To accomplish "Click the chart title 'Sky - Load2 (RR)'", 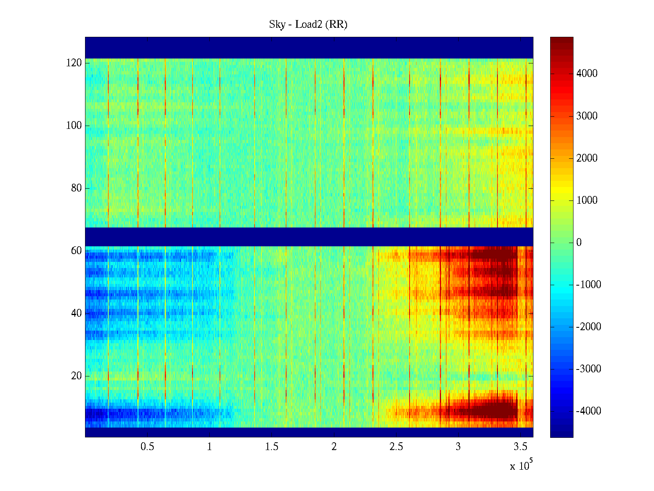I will tap(308, 25).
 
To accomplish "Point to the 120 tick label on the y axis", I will tap(74, 63).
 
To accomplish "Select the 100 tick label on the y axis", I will tap(74, 126).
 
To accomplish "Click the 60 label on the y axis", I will tap(76, 251).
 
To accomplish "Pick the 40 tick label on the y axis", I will tap(76, 313).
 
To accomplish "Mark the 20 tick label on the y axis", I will tap(76, 376).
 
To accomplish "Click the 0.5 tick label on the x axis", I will tap(147, 447).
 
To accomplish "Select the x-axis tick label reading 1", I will tap(209, 447).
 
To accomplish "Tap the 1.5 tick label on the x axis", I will tap(271, 447).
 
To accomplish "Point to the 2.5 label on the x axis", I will tap(396, 447).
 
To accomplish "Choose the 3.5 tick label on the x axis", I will tap(520, 447).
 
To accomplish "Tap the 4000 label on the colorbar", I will tap(587, 74).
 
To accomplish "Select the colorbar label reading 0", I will tap(579, 243).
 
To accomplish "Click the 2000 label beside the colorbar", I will tap(587, 158).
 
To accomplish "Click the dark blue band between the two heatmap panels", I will tap(309, 236).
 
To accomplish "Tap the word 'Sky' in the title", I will tap(277, 25).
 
